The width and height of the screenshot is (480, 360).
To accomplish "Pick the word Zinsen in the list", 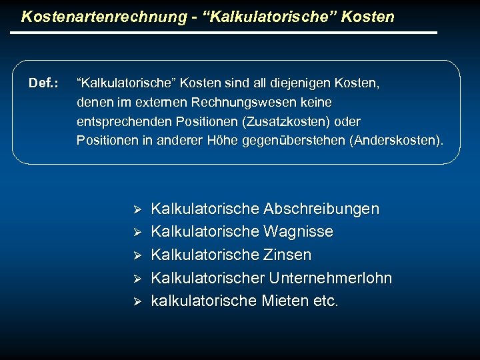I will pos(287,255).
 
